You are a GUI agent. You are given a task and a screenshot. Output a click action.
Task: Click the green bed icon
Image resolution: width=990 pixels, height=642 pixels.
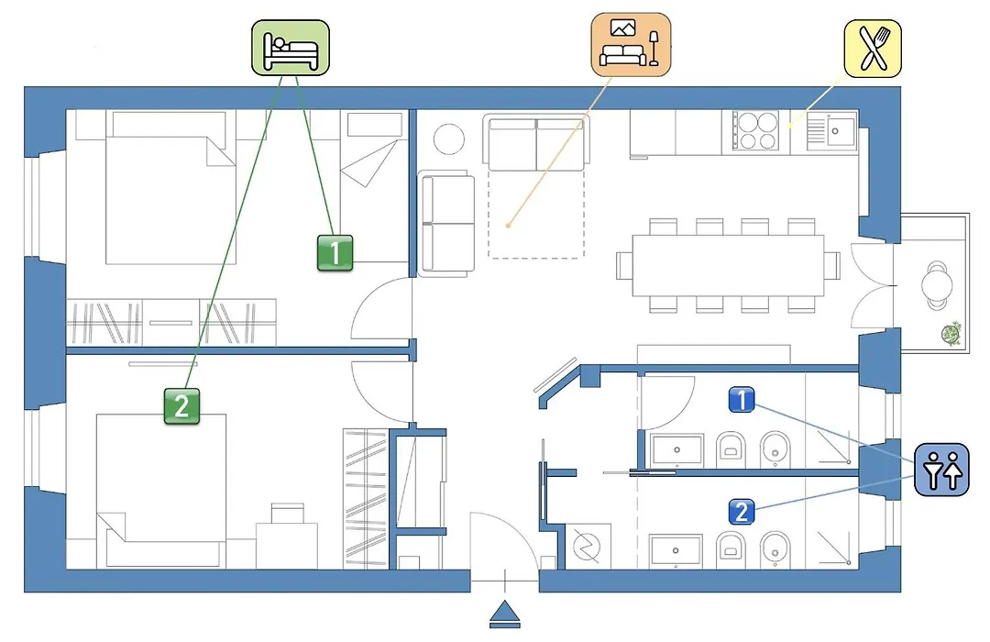291,48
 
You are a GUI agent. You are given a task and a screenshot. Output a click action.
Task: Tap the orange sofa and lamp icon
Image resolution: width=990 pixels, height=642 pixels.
631,44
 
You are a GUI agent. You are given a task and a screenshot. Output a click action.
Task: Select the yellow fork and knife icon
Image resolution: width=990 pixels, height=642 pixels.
874,48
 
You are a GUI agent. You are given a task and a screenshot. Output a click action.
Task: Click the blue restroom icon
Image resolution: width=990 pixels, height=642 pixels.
942,470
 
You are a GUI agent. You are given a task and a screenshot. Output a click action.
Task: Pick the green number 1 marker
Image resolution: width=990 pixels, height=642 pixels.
335,253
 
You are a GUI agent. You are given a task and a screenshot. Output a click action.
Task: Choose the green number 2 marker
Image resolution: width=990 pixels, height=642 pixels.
181,405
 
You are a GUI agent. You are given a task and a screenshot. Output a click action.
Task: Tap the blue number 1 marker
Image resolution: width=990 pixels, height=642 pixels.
742,400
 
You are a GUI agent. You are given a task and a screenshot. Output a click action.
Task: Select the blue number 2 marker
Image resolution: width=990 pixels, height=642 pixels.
742,512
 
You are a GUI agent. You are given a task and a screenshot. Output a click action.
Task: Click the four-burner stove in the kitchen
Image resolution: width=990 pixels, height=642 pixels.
756,131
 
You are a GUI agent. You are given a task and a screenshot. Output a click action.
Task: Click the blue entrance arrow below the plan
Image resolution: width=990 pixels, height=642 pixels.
505,614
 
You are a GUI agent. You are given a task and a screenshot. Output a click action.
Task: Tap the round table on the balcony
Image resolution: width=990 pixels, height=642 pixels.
937,285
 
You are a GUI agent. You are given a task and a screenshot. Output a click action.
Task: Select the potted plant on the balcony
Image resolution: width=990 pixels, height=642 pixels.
951,333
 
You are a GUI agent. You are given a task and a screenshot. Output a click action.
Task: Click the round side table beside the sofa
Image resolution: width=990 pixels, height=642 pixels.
449,139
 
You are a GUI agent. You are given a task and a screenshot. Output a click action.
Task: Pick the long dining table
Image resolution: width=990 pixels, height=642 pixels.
728,265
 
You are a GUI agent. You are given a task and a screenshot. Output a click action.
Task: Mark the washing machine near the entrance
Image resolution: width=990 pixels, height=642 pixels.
588,546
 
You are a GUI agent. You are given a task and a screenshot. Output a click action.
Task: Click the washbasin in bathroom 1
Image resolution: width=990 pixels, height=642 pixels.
676,450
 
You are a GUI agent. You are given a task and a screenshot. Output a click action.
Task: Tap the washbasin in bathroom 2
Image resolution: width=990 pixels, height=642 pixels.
676,551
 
